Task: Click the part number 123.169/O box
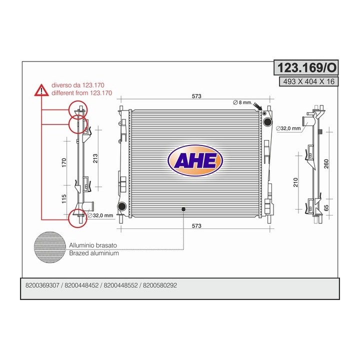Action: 306,67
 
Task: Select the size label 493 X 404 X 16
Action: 309,81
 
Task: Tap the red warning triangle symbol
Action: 41,90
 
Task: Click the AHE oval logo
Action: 195,160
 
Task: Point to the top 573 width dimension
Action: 196,96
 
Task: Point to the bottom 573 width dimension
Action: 196,226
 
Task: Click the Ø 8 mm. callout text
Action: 242,102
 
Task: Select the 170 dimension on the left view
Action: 64,162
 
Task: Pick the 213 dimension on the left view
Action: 95,158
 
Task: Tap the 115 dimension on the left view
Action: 64,199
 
